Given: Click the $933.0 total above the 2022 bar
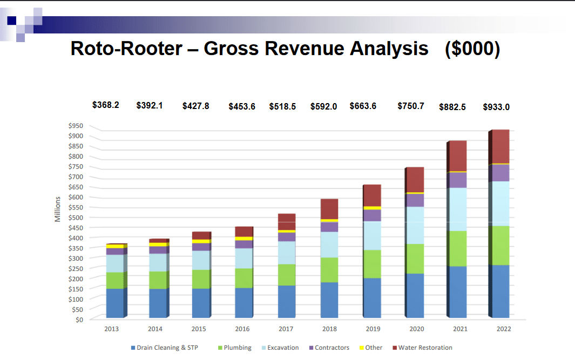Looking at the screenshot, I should [x=496, y=107].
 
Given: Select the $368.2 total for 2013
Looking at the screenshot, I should [x=106, y=105].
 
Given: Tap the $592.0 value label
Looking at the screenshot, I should [x=323, y=106].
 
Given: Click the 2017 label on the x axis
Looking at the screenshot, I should [x=286, y=329].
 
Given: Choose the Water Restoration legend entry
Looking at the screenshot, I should [x=425, y=348].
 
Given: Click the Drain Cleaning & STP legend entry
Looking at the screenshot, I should [x=167, y=348].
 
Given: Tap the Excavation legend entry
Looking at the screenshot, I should [x=282, y=348].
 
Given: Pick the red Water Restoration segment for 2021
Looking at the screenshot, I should [x=458, y=156].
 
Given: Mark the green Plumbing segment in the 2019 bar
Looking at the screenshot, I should [x=373, y=264].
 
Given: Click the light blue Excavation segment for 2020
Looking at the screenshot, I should [x=415, y=225].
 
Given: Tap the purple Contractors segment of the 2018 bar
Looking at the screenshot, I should [x=329, y=227].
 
